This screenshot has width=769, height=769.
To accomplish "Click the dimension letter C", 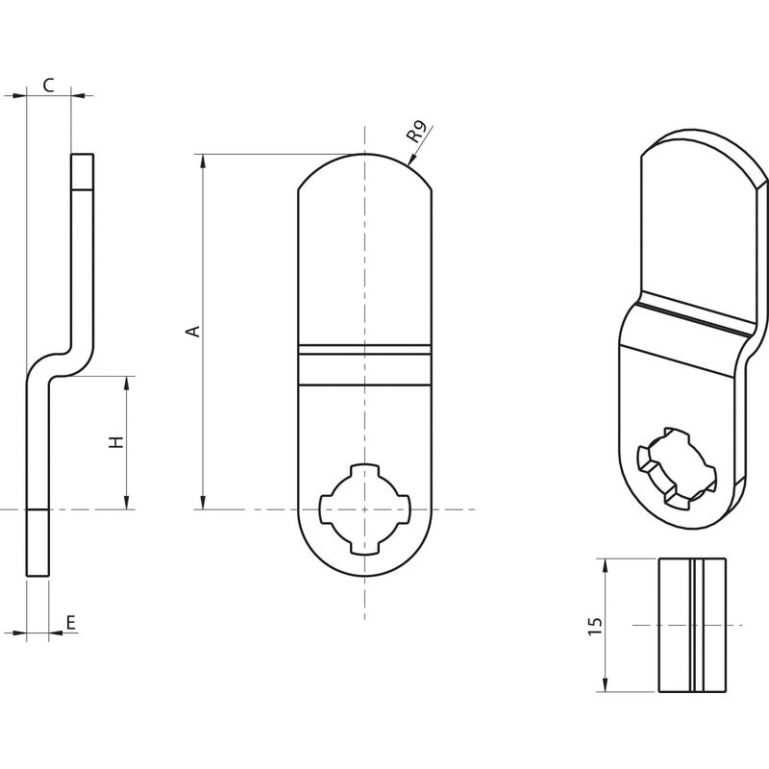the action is tap(48, 86).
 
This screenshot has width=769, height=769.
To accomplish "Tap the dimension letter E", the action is tap(71, 623).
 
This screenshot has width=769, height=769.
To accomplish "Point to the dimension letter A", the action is tap(194, 331).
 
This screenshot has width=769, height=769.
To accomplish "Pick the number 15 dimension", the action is tap(594, 628).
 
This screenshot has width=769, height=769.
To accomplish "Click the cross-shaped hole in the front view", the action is tap(364, 509).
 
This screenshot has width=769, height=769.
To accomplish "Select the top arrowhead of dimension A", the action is tap(203, 161).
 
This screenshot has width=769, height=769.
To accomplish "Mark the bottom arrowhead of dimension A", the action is tap(203, 502).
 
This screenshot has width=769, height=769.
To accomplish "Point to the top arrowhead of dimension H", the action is tap(127, 384).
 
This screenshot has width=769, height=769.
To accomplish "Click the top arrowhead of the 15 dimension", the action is tap(606, 566).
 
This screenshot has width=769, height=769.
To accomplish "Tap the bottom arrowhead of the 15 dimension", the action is tap(606, 684).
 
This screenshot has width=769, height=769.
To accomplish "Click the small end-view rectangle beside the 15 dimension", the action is tap(692, 626).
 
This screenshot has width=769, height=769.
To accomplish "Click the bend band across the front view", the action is tap(365, 364).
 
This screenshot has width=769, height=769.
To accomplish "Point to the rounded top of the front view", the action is tap(365, 172).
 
